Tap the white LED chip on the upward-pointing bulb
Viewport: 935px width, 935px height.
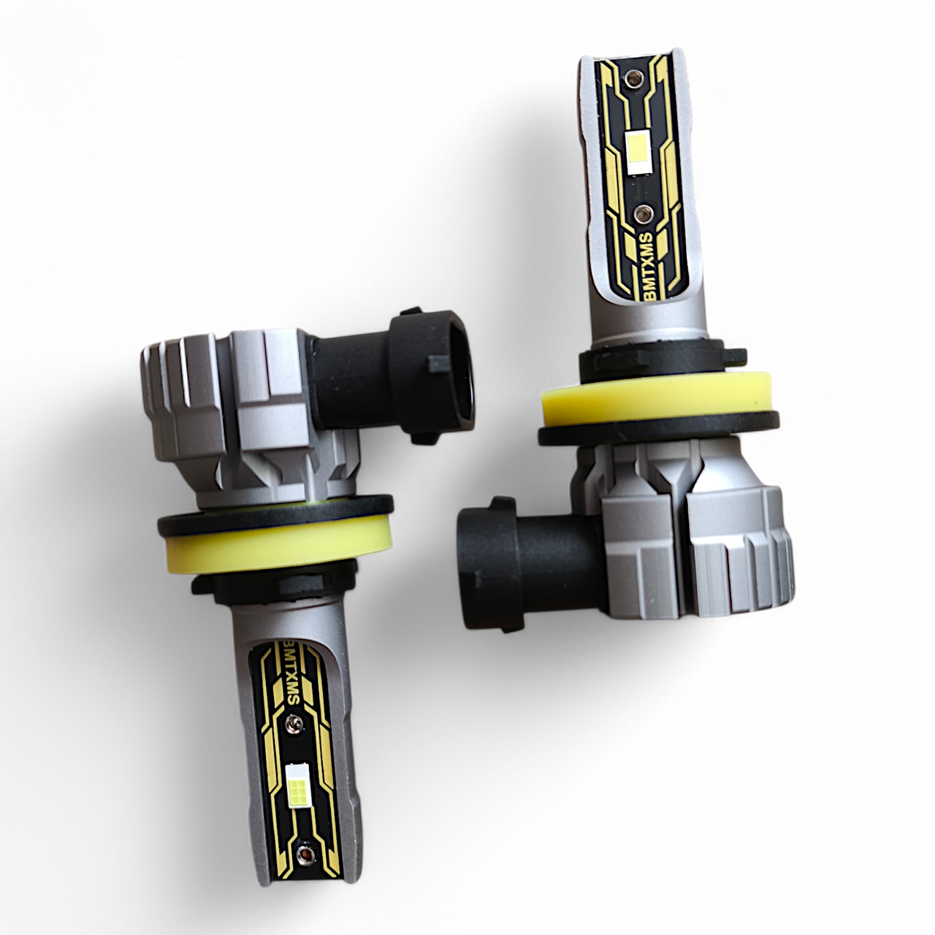coord(636,153)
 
